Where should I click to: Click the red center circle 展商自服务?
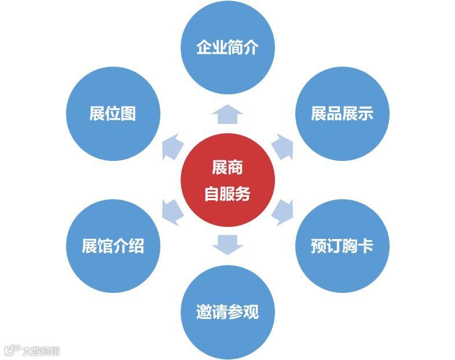pos(227,180)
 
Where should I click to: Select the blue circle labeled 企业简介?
pos(227,47)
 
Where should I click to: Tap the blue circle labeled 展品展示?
pos(342,113)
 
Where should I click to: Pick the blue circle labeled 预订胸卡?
pos(342,246)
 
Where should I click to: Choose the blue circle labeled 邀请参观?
pos(227,313)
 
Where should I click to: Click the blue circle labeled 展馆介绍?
pos(113,246)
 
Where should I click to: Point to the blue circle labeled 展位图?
pos(113,113)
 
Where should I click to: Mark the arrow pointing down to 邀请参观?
pos(227,245)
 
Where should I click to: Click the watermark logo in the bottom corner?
pos(32,351)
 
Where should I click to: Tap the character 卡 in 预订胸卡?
pos(366,246)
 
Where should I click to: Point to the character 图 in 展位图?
pos(129,113)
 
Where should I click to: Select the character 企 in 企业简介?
pos(204,47)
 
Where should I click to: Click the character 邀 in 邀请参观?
pos(204,313)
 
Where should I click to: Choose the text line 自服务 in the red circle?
pos(227,194)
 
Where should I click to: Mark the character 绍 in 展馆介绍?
pos(137,246)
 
